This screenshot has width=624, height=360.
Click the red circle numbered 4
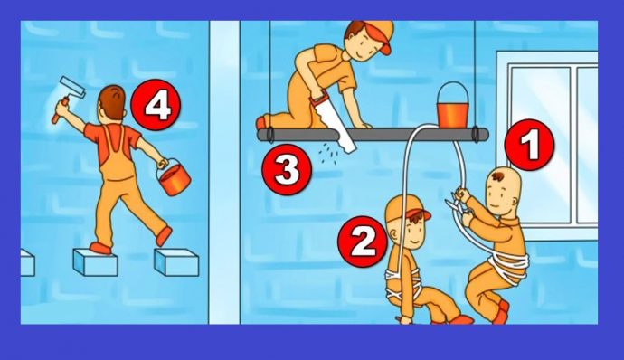[x=156, y=105]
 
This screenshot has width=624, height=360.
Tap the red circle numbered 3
[x=287, y=170]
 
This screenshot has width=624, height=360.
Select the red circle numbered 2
[x=363, y=242]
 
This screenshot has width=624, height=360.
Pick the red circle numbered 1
[x=529, y=145]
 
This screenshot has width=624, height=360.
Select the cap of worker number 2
[x=407, y=209]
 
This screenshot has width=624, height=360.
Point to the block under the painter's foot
[x=95, y=262]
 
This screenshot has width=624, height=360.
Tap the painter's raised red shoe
[x=163, y=236]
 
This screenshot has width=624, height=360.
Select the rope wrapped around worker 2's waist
[x=402, y=283]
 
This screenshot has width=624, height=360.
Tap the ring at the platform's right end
[x=475, y=134]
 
